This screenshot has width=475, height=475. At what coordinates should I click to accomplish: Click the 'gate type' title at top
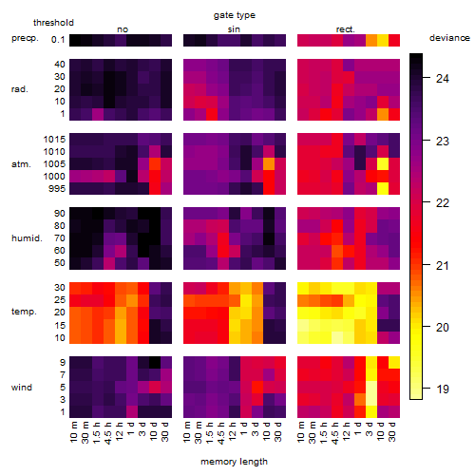click(x=235, y=15)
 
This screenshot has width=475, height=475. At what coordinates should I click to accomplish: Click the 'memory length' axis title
click(x=234, y=462)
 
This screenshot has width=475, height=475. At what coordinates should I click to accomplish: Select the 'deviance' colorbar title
click(x=449, y=38)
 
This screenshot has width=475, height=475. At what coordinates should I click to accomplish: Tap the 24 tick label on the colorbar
click(x=443, y=78)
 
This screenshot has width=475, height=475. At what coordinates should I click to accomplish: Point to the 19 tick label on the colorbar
click(x=443, y=389)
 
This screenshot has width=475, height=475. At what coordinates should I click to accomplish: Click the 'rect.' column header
click(x=345, y=29)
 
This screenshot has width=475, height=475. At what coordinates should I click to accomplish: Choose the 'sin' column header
click(x=234, y=29)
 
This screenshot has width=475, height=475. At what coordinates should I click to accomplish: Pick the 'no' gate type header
click(x=123, y=29)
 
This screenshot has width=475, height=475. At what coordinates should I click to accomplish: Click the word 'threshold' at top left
click(x=53, y=23)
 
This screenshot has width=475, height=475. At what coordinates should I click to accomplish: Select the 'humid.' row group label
click(x=27, y=238)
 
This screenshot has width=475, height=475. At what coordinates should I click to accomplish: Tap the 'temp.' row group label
click(x=24, y=312)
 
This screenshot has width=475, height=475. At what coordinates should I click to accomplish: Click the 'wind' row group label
click(x=22, y=388)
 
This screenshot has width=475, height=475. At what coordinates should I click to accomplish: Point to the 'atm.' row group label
click(x=21, y=164)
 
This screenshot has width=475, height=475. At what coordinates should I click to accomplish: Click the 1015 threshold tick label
click(x=54, y=140)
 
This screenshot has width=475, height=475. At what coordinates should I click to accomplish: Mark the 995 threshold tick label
click(x=57, y=189)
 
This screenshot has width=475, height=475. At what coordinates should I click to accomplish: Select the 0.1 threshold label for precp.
click(x=58, y=40)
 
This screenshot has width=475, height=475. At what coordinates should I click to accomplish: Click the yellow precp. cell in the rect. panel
click(x=383, y=40)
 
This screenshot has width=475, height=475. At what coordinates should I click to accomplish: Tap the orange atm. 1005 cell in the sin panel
click(x=269, y=163)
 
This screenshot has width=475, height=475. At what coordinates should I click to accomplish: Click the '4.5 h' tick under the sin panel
click(x=221, y=432)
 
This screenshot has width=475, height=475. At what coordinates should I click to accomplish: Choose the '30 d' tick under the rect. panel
click(x=391, y=431)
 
